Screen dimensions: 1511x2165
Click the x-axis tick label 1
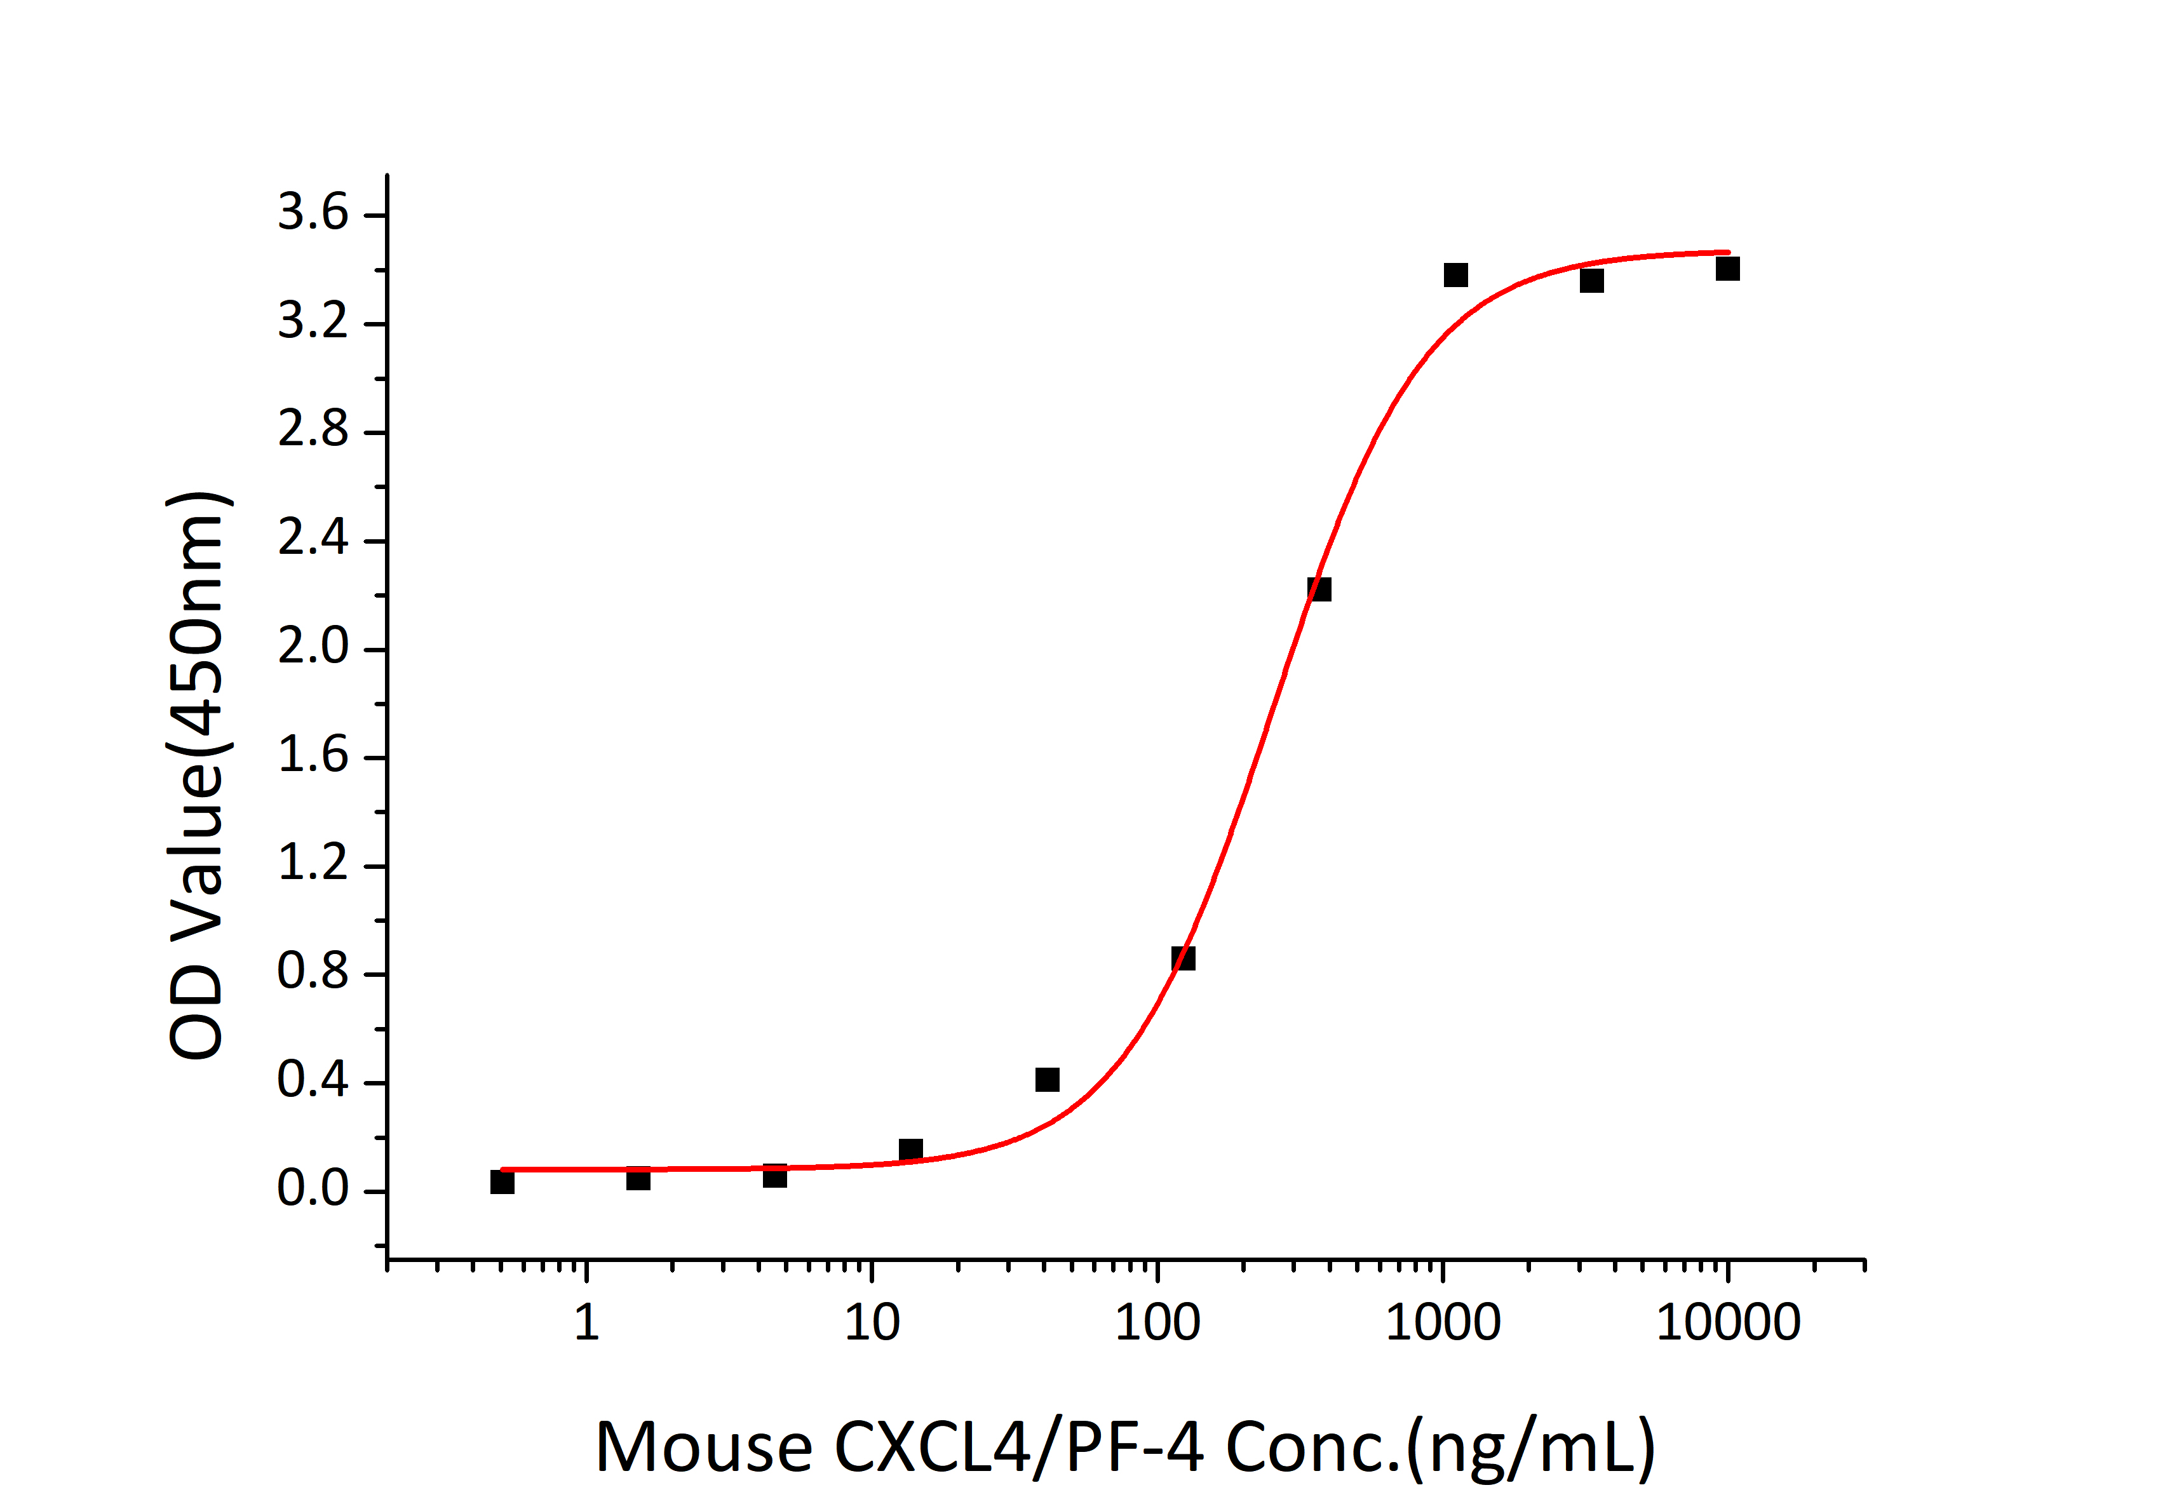586,1322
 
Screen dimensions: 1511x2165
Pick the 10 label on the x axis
872,1322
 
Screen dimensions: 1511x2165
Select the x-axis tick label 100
1157,1322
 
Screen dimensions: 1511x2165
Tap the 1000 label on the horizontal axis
1443,1322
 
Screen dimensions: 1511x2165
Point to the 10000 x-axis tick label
1729,1322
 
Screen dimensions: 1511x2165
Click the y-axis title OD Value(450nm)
198,775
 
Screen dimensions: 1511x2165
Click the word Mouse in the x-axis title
703,1447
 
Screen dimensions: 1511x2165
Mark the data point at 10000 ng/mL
1727,269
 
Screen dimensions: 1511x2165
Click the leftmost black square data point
502,1182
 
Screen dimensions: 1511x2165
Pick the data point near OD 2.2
1319,589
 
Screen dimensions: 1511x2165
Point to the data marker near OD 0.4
1047,1079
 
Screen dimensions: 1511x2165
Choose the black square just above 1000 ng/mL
1456,275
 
